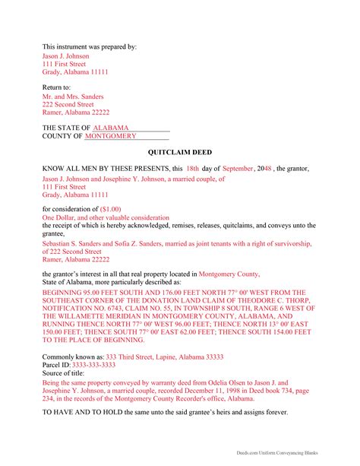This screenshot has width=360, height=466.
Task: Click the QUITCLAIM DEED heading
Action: [179, 153]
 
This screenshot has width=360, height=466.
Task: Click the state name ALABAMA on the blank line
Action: [111, 127]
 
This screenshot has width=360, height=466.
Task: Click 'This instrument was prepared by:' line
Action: [90, 47]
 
